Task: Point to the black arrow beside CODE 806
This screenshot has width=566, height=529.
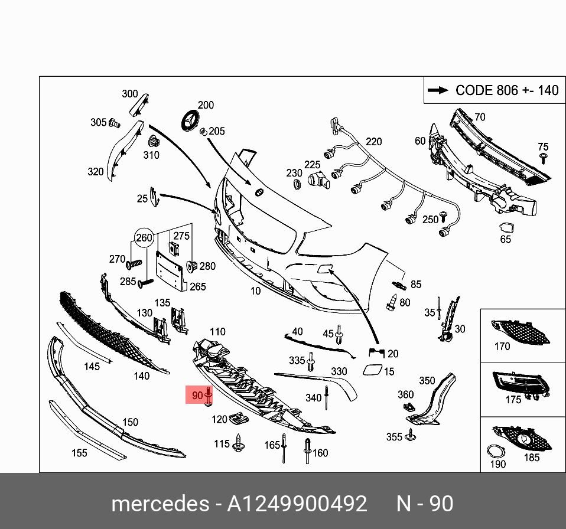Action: (438, 90)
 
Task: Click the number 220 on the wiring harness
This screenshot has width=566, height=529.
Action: (373, 142)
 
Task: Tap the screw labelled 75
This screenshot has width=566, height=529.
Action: (543, 158)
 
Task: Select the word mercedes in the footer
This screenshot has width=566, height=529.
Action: (159, 504)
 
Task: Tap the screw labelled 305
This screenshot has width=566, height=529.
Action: (115, 123)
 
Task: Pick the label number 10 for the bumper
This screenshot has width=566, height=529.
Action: (255, 290)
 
